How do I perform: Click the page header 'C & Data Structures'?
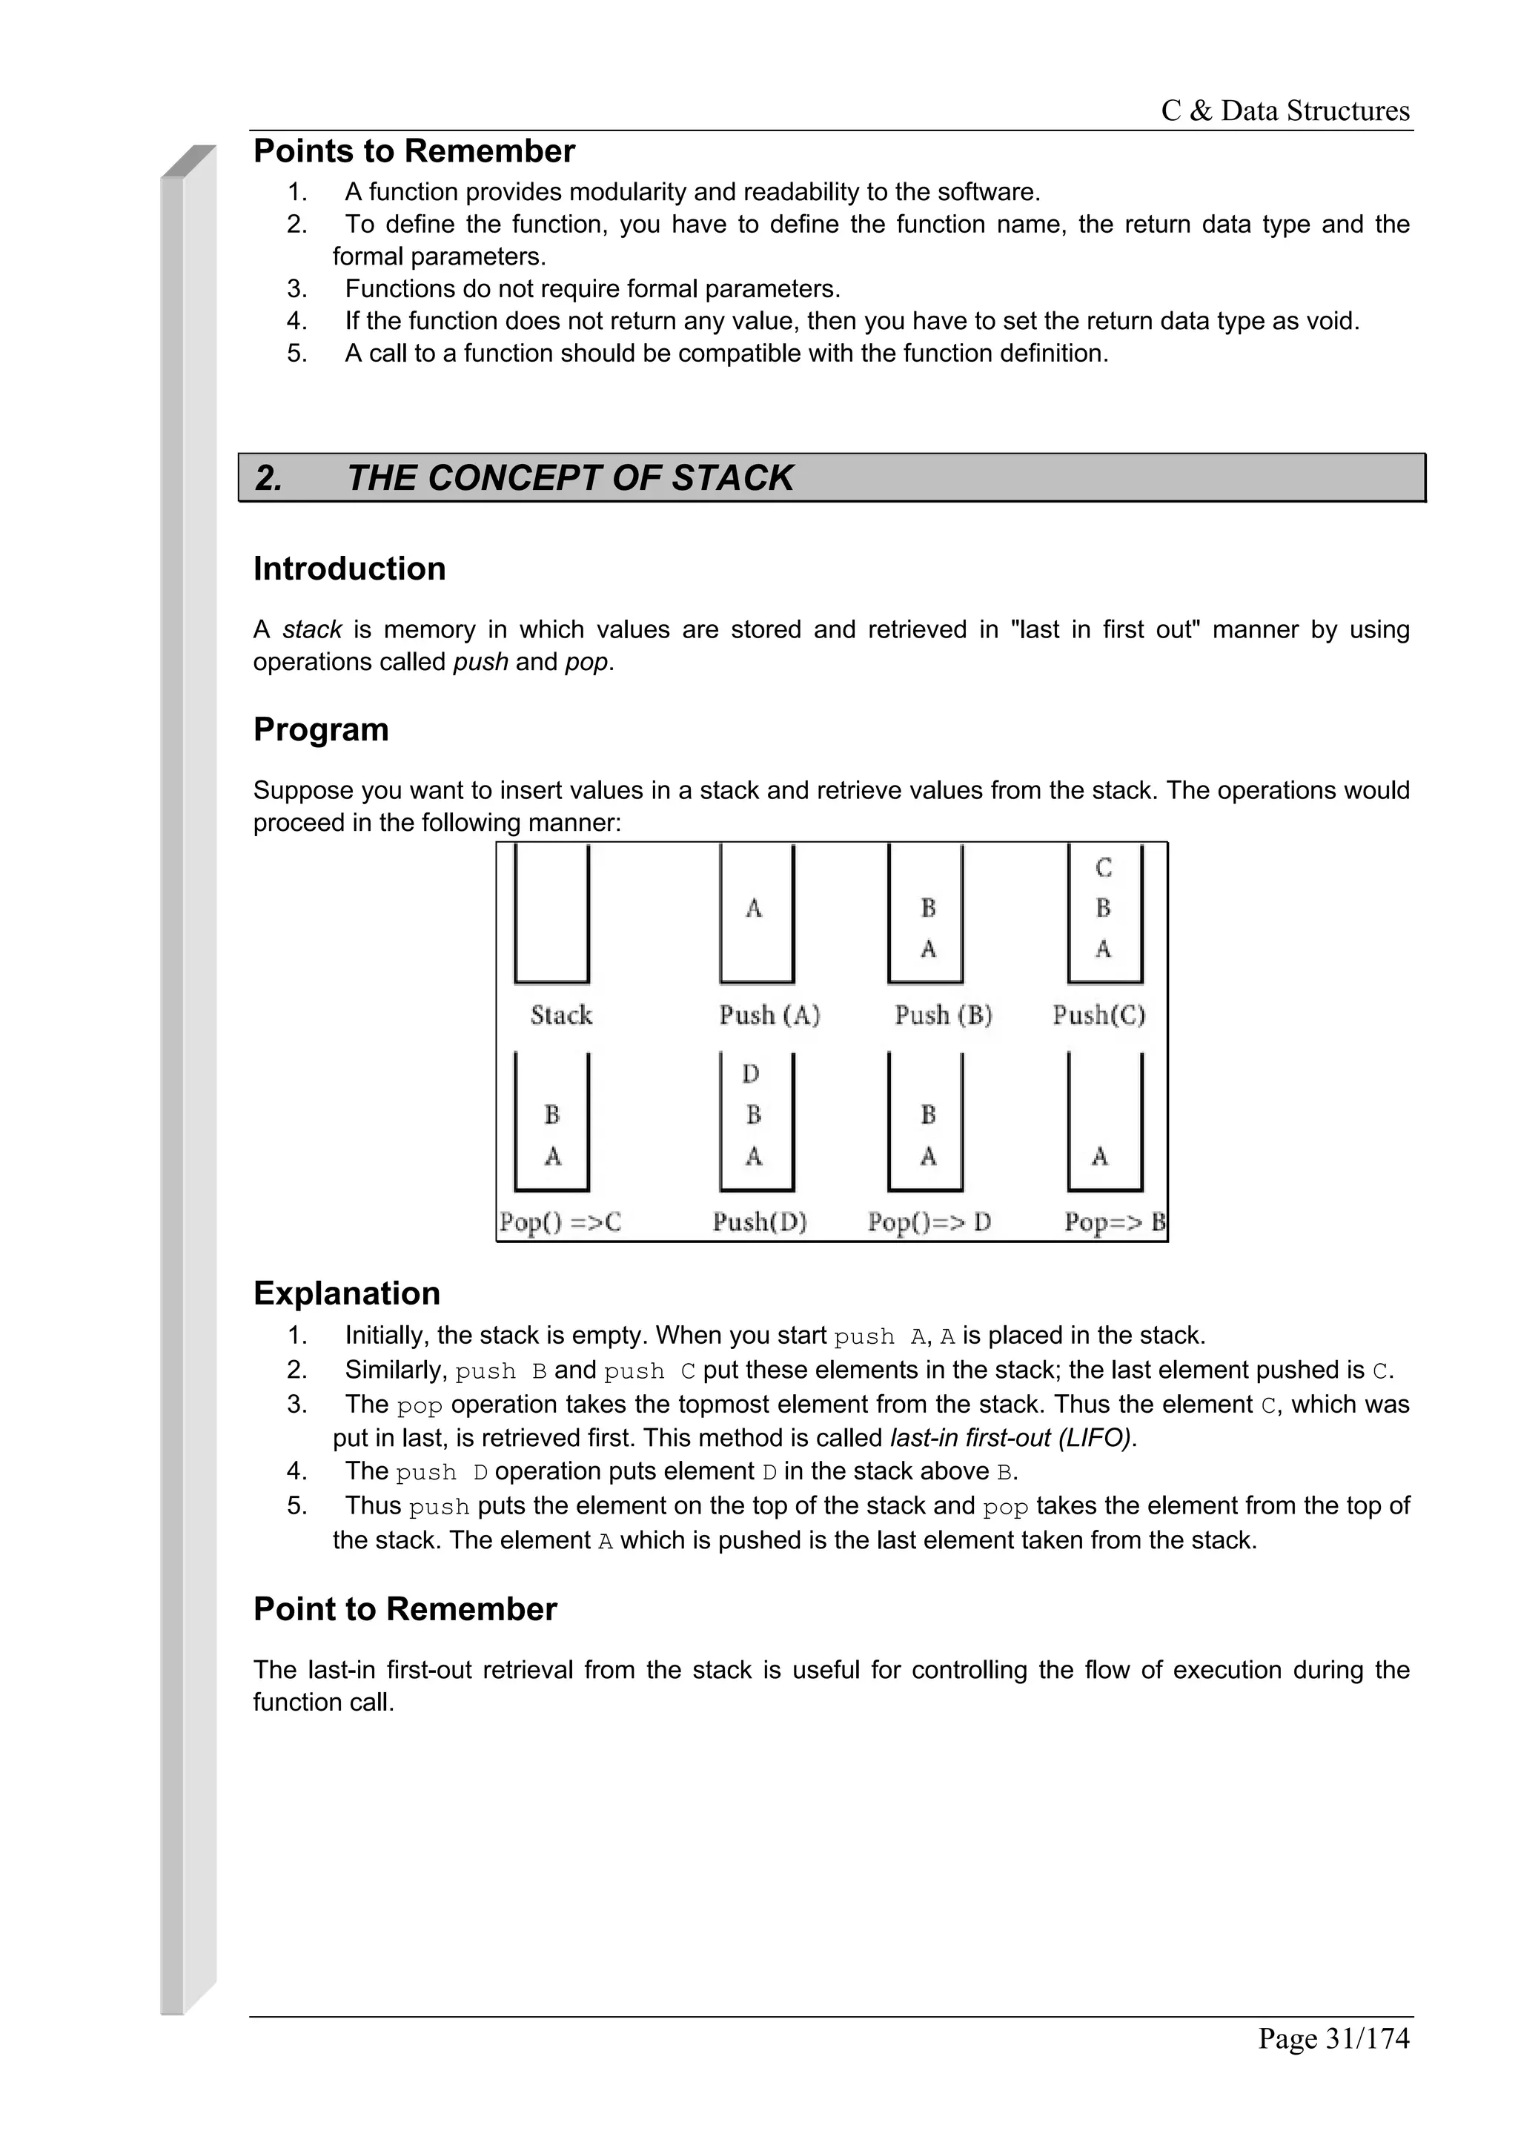click(1285, 110)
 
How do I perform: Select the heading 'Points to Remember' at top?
click(414, 151)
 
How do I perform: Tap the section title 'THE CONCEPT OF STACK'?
click(569, 478)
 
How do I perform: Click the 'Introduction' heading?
click(349, 569)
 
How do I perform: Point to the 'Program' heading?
click(321, 730)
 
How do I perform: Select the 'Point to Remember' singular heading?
click(404, 1609)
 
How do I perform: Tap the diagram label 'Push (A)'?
click(769, 1015)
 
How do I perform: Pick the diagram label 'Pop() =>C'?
click(560, 1221)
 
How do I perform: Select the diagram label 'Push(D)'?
click(760, 1221)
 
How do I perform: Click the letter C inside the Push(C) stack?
click(1104, 868)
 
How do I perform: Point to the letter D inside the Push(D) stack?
click(751, 1074)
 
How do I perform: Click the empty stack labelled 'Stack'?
click(551, 917)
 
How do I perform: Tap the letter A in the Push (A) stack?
click(754, 907)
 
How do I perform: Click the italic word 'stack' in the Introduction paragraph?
click(311, 629)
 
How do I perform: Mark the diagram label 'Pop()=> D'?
click(929, 1221)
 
